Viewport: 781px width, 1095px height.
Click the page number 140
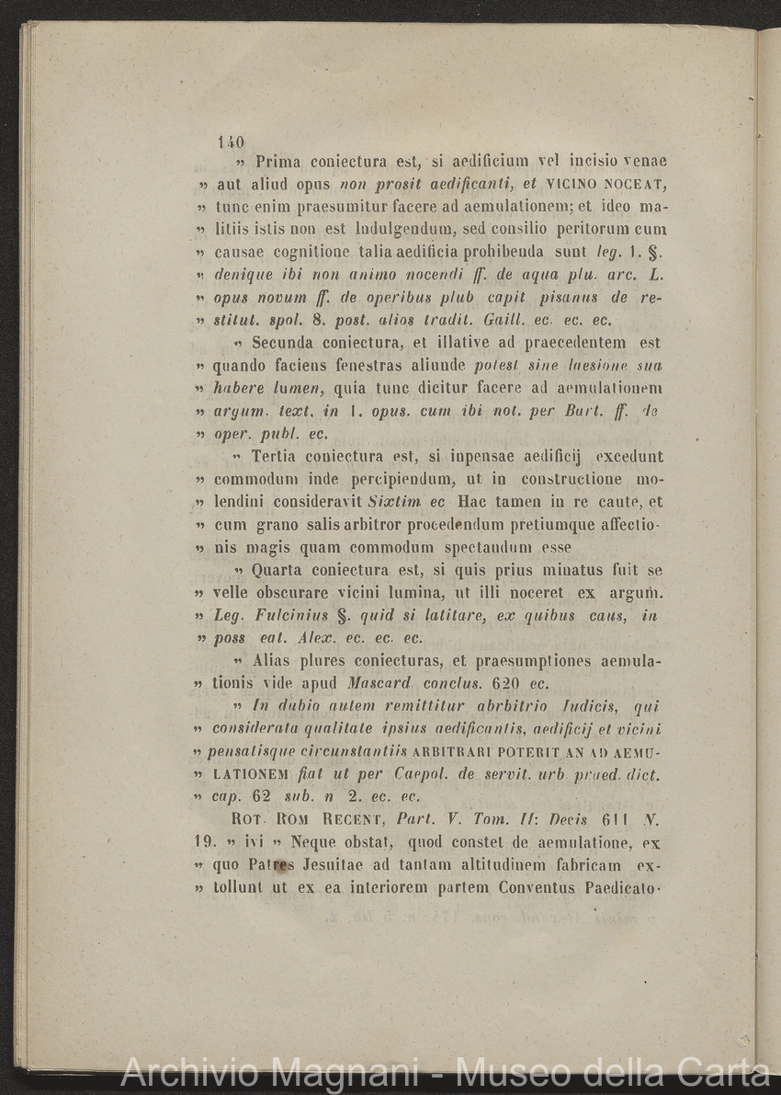[231, 143]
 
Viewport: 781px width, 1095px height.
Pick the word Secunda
[286, 344]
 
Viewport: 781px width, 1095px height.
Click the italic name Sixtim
[393, 503]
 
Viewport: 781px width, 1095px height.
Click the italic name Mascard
[379, 684]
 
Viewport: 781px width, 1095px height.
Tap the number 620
[509, 684]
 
